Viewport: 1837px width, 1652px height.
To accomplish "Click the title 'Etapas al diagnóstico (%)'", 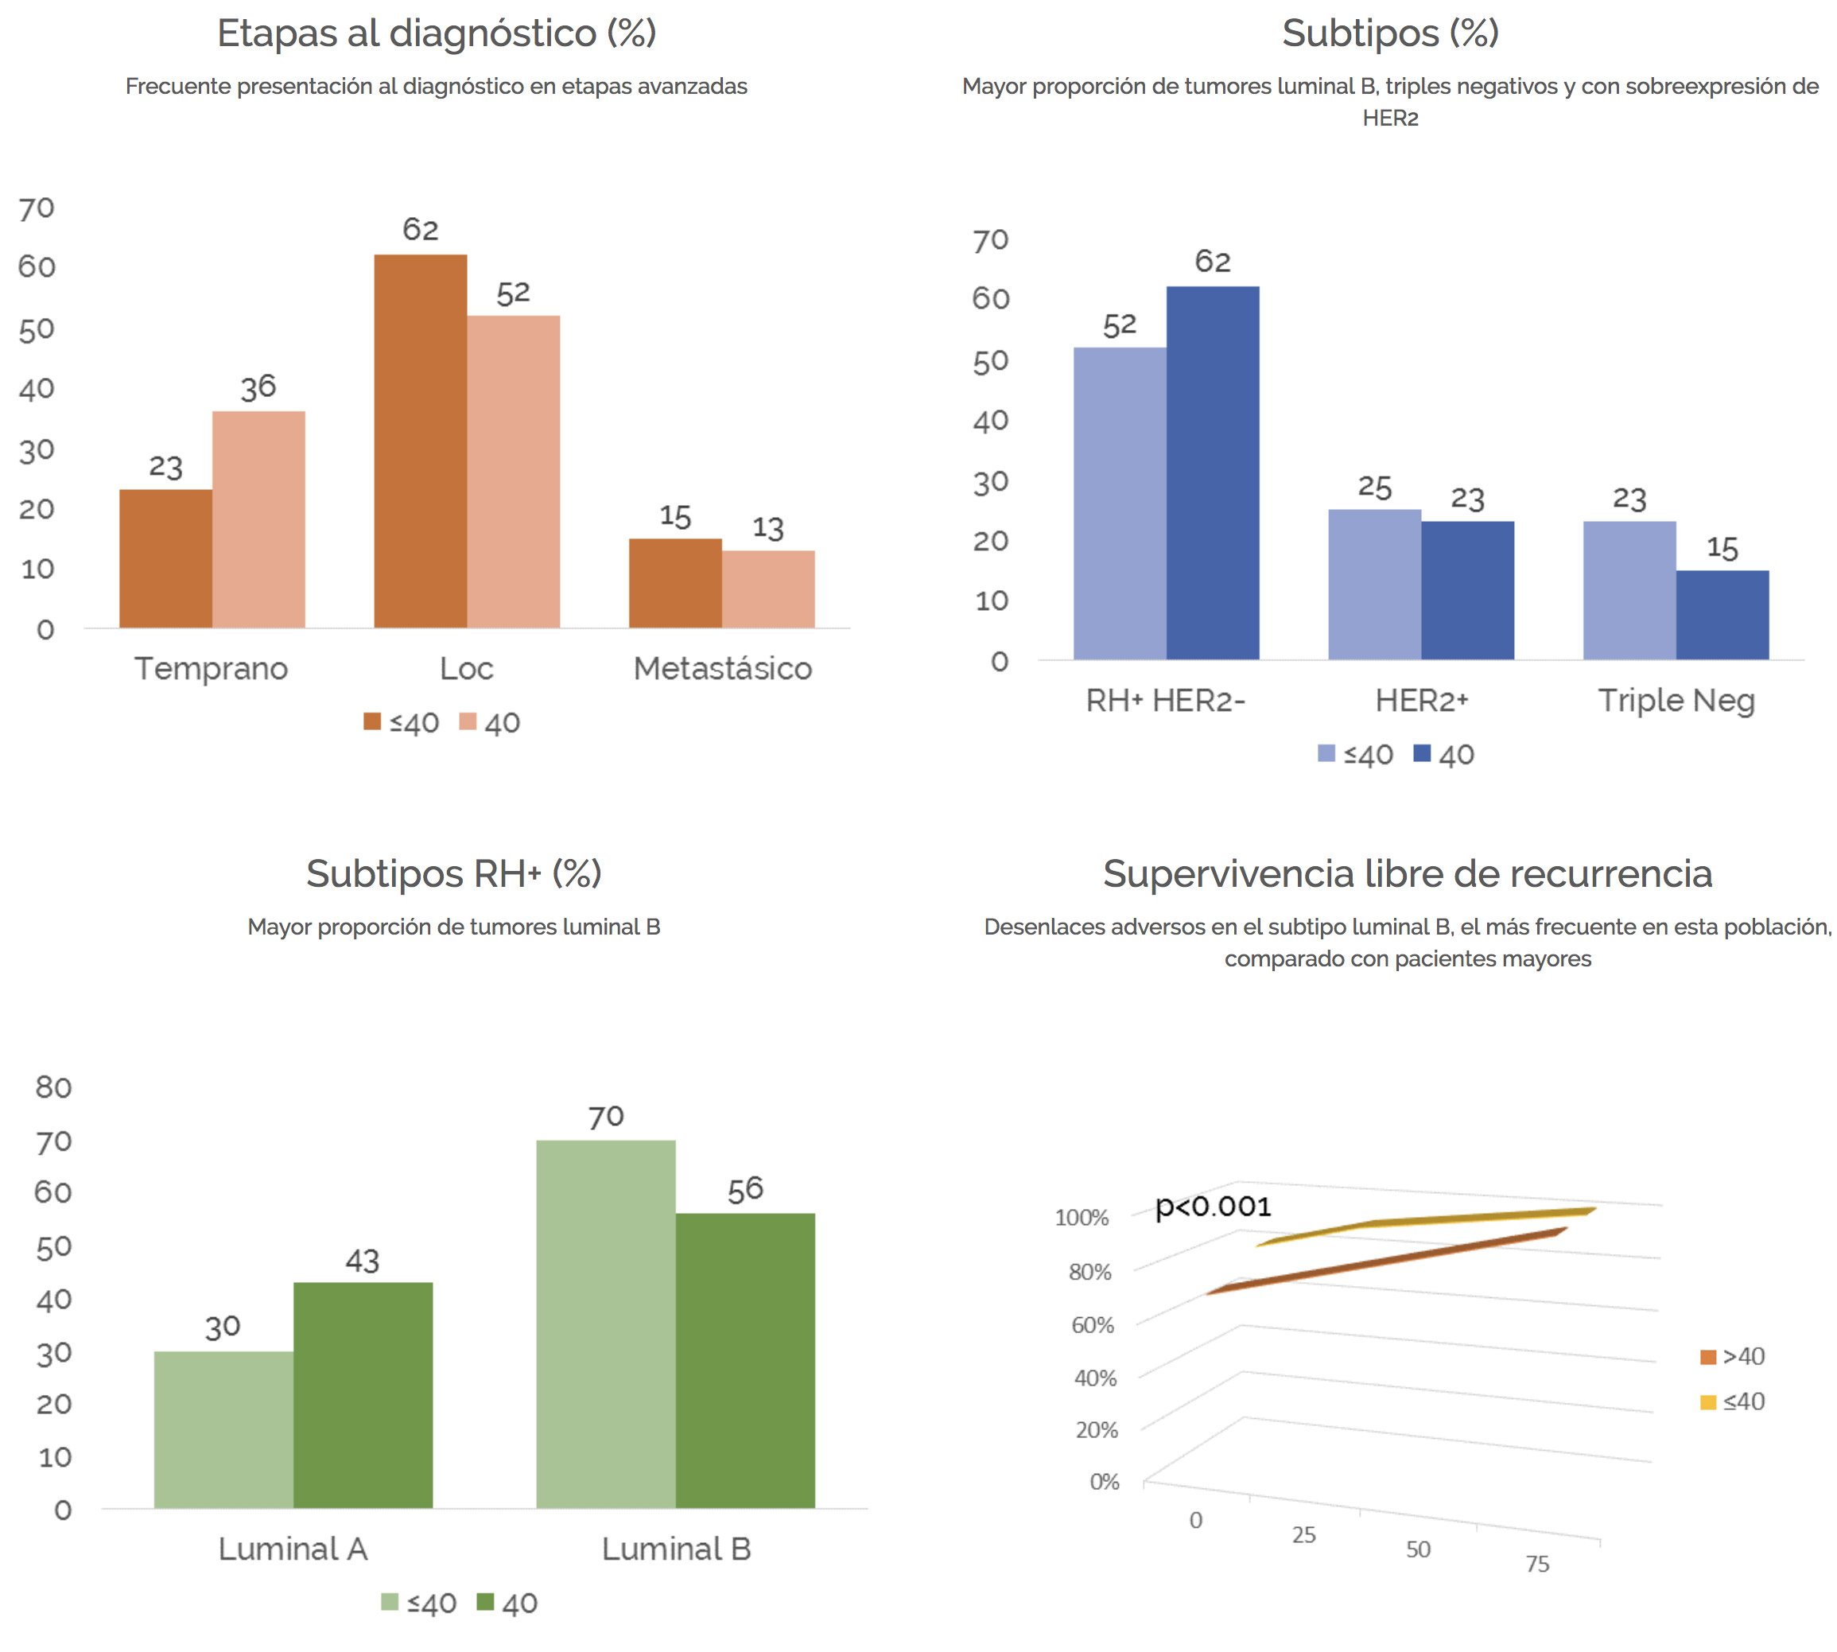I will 437,33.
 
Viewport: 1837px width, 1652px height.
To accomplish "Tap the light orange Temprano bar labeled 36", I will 258,519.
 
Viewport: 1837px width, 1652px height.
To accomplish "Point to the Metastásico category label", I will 722,668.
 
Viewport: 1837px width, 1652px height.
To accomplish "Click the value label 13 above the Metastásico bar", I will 768,528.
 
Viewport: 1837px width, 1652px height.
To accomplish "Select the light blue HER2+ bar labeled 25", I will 1374,584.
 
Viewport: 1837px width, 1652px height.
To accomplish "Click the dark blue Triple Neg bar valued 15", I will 1722,615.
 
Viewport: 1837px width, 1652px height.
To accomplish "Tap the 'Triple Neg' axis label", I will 1676,701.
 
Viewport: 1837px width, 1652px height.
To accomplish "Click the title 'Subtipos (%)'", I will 1389,33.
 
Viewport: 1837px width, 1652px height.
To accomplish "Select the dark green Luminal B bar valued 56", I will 745,1361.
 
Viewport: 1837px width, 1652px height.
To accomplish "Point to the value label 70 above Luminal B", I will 605,1117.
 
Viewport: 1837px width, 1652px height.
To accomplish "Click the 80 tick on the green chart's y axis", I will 53,1087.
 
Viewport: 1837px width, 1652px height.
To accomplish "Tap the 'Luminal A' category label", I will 293,1549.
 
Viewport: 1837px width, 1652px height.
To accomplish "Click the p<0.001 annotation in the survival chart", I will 1213,1207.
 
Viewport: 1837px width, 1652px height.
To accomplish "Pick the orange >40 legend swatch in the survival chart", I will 1708,1357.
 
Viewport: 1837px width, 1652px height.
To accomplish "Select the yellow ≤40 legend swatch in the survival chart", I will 1708,1402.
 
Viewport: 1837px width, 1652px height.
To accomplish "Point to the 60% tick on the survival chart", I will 1093,1325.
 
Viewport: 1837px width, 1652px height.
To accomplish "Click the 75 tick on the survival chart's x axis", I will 1537,1564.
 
